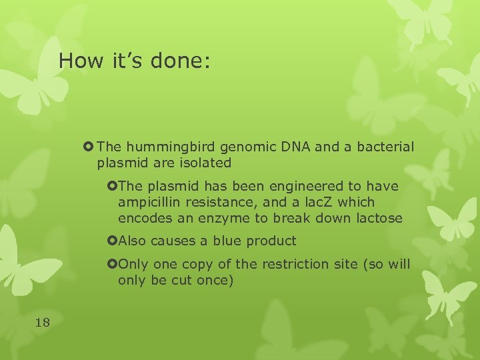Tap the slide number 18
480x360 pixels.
point(42,323)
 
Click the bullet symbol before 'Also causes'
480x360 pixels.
point(111,241)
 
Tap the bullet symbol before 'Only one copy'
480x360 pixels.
point(111,264)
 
